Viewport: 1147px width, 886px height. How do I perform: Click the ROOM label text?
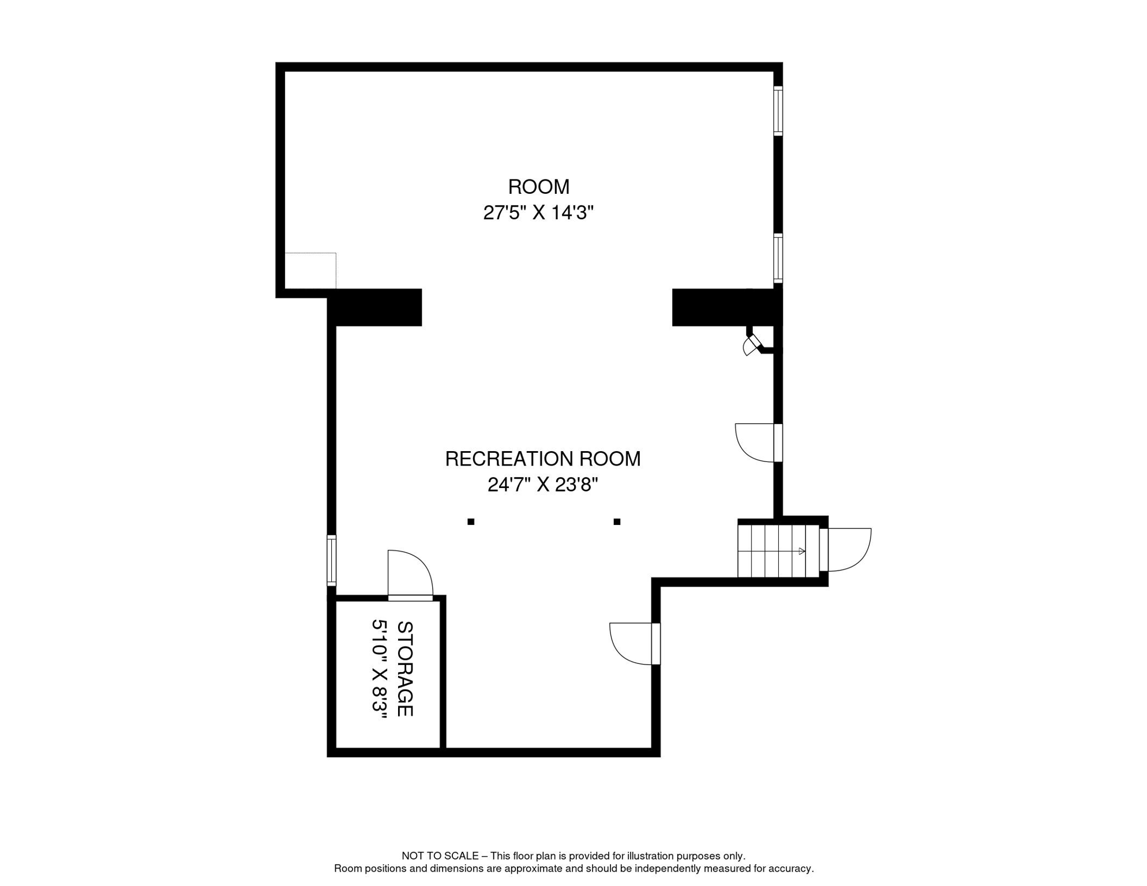click(x=538, y=187)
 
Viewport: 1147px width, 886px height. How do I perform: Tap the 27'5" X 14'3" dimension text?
click(x=538, y=213)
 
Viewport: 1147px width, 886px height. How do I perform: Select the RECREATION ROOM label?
click(x=542, y=459)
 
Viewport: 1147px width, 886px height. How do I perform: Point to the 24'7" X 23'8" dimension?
click(x=542, y=485)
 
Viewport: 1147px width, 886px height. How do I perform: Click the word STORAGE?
click(x=405, y=669)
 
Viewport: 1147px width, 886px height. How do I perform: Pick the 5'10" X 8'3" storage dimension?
click(x=379, y=669)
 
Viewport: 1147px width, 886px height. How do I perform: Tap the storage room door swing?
click(x=410, y=575)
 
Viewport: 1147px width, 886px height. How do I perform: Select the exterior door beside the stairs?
click(x=845, y=550)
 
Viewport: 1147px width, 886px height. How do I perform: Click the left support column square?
click(x=471, y=522)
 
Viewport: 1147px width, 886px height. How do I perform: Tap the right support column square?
click(x=617, y=522)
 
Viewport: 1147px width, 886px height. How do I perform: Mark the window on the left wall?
click(x=332, y=561)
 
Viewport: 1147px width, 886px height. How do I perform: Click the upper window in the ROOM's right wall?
click(x=778, y=111)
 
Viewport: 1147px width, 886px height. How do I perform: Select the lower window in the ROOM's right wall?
click(x=778, y=258)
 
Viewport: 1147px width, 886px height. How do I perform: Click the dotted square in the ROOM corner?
click(x=310, y=271)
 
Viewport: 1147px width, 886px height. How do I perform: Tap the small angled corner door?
click(x=752, y=345)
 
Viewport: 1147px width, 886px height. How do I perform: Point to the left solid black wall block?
click(x=375, y=307)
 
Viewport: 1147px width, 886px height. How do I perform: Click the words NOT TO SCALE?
click(x=440, y=856)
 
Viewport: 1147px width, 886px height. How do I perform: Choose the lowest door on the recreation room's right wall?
click(x=635, y=644)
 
